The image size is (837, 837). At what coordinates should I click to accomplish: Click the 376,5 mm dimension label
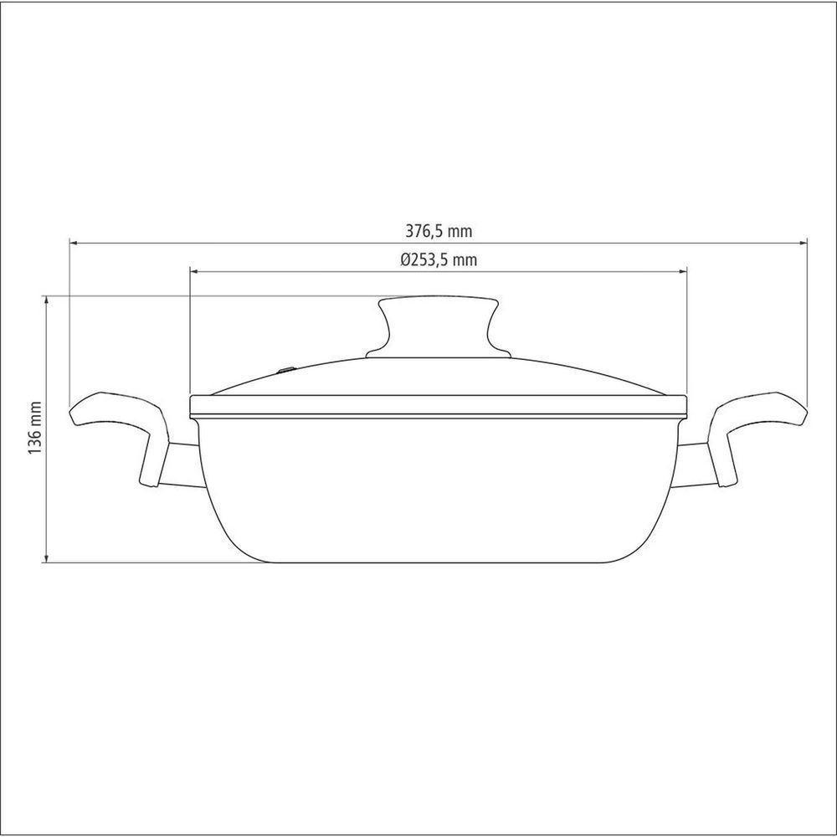(x=439, y=231)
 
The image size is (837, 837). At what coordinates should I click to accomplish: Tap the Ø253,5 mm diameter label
(x=439, y=259)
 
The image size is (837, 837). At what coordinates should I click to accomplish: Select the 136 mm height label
(x=34, y=428)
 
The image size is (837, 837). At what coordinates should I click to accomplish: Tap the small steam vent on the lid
(x=287, y=369)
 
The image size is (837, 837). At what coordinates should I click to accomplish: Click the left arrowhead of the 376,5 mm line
(x=74, y=244)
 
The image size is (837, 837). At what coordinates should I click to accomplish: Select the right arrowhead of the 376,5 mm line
(x=803, y=244)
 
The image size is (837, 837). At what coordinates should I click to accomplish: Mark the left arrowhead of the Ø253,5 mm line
(x=195, y=272)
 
